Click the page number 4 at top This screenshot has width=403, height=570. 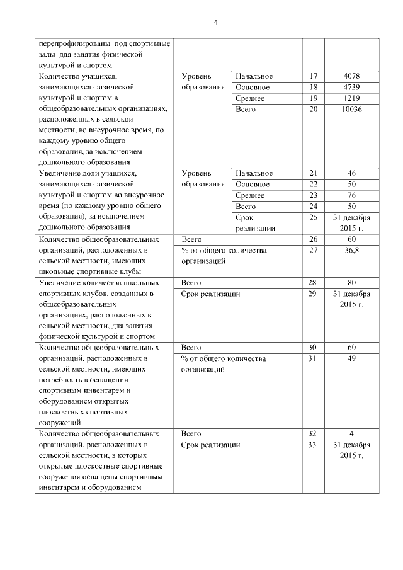coord(215,23)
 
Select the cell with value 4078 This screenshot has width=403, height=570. coord(352,76)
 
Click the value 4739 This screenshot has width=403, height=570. coord(352,88)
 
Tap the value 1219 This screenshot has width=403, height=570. coord(352,99)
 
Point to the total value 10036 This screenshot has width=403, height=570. coord(352,110)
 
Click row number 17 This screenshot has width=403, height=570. coord(314,76)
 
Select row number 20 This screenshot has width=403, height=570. coord(314,110)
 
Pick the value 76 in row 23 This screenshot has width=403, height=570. coord(352,195)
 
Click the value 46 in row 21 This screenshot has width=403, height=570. coord(352,173)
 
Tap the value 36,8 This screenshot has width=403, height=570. coord(352,250)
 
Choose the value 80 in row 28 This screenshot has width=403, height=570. coord(352,283)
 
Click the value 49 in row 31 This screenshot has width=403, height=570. coord(352,358)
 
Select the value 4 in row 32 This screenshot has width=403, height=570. coord(352,434)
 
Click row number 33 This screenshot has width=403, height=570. coord(314,445)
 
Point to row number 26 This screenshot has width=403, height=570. coord(314,239)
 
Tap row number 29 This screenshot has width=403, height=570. coord(314,294)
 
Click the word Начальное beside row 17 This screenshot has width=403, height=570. coord(254,76)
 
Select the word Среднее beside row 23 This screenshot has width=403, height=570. coord(250,195)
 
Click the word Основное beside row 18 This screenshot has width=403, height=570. coord(253,88)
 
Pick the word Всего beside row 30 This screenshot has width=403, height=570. coord(191,347)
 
